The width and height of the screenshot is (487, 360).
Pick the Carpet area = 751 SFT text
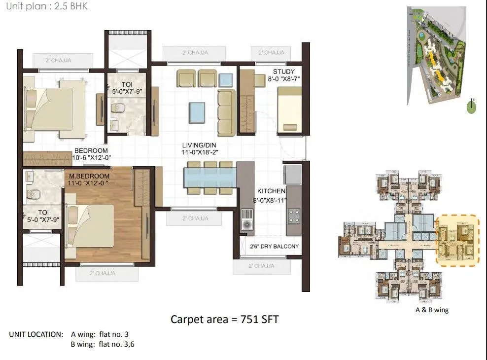[x=224, y=320]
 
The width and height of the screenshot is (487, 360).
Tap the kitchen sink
[x=246, y=219]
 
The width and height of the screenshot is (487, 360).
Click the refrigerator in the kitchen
[x=292, y=174]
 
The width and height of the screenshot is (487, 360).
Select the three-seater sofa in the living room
[x=226, y=112]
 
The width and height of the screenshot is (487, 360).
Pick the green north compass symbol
[x=471, y=107]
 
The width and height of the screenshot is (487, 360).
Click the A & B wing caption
[x=432, y=310]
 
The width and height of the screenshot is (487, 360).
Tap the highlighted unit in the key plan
[x=458, y=240]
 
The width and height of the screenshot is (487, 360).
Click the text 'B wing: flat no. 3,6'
[x=107, y=344]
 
